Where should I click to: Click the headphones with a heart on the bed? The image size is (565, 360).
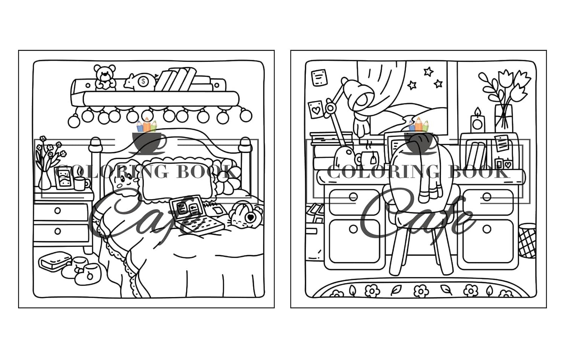pos(245,215)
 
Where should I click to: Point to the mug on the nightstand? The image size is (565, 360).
pos(81,184)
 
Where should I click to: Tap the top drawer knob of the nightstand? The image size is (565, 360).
pos(58,210)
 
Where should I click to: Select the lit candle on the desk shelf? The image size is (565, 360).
pos(477,121)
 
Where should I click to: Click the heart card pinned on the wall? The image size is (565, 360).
pos(316,109)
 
